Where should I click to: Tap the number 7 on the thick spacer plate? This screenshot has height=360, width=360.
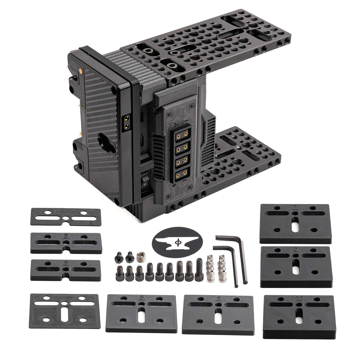coord(294,207)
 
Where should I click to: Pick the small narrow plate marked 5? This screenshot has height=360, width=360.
coord(66,243)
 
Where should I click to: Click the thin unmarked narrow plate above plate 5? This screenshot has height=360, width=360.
coord(66,217)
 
